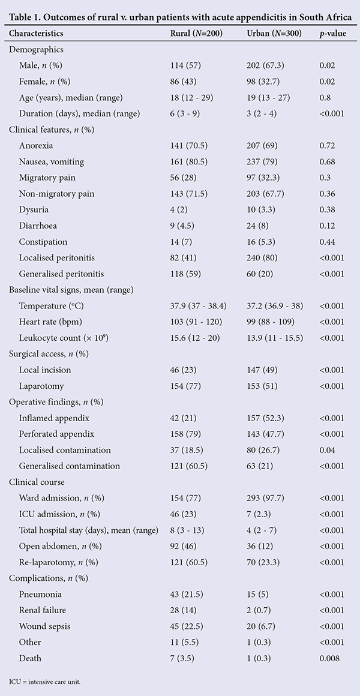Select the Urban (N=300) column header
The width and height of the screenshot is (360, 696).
point(274,33)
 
